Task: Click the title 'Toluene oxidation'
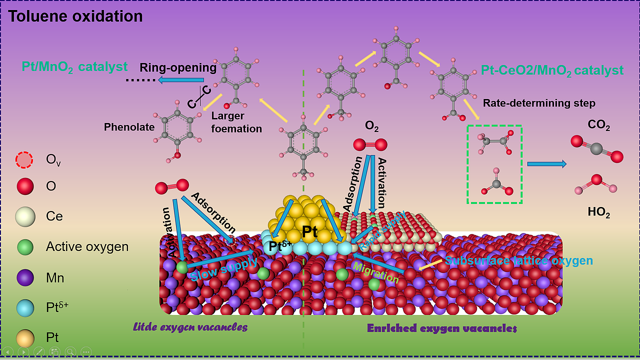pos(75,16)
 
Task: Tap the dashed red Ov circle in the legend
pos(24,159)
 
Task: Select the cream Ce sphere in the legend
pos(24,216)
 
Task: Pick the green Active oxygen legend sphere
pos(24,247)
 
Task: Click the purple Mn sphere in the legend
pos(24,277)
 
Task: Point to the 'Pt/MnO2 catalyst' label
pos(74,66)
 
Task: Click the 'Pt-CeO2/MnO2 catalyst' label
pos(552,70)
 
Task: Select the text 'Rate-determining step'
pos(539,103)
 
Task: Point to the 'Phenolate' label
pos(129,127)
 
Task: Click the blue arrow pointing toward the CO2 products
pos(547,163)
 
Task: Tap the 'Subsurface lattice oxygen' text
pos(519,260)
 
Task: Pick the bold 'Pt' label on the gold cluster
pos(310,231)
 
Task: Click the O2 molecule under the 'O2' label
pos(370,145)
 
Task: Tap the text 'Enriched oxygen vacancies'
pos(441,328)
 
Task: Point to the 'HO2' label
pos(599,213)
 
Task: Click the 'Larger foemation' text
pos(236,122)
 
